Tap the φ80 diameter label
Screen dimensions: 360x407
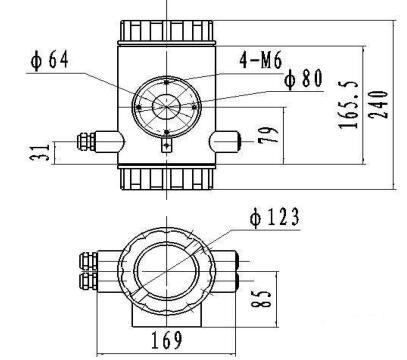click(x=303, y=80)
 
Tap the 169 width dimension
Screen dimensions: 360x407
click(x=169, y=338)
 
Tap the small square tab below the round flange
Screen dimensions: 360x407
click(x=166, y=148)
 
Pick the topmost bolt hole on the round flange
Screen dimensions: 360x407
click(x=166, y=81)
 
